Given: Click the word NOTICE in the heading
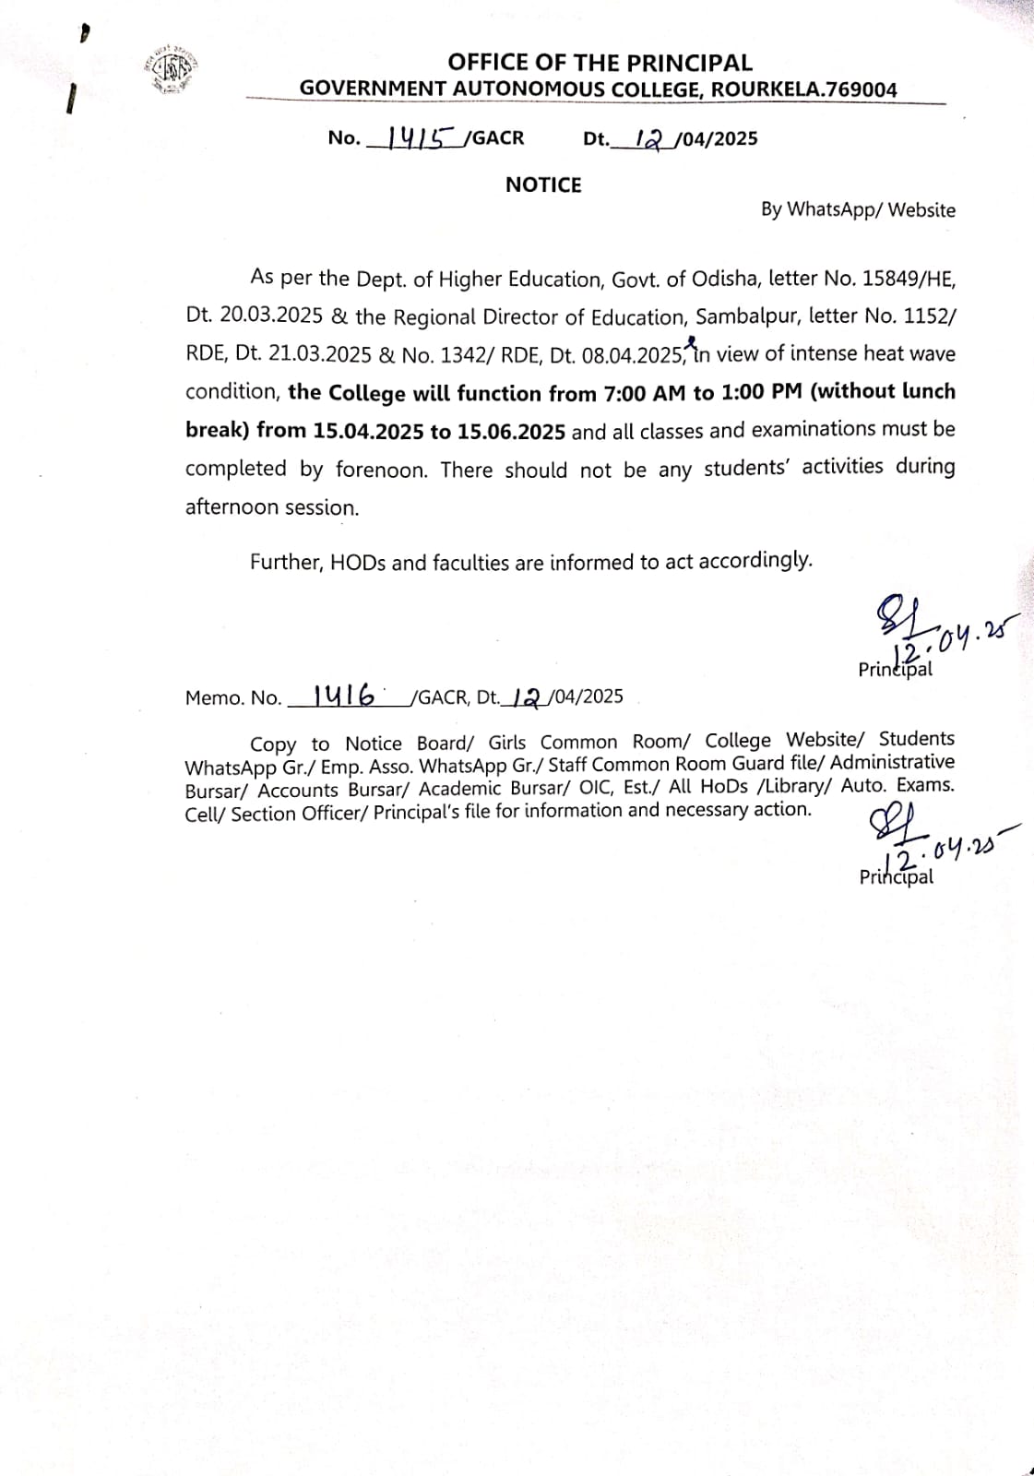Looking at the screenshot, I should (x=543, y=185).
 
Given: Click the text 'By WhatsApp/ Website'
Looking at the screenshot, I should (x=857, y=210).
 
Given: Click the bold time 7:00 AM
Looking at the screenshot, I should (x=637, y=393).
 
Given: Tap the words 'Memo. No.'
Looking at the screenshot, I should (x=232, y=698).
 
